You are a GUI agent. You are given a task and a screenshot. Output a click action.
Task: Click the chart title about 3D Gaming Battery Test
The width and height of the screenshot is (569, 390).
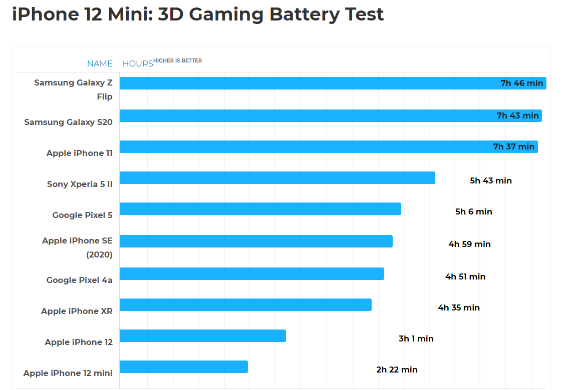(x=198, y=14)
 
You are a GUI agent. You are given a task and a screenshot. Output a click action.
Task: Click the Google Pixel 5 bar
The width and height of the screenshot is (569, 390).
(x=260, y=208)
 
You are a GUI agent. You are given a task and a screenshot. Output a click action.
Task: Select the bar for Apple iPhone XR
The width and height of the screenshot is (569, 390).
(x=245, y=304)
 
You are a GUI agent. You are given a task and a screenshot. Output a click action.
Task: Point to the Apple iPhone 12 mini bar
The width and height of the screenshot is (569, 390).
(x=183, y=366)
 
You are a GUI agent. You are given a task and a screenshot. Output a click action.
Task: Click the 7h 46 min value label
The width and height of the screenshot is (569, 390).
(x=521, y=83)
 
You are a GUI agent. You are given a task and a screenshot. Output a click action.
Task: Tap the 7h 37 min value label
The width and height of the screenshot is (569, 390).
(x=513, y=146)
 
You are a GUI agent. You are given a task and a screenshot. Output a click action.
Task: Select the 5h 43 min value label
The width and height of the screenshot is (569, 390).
(x=490, y=180)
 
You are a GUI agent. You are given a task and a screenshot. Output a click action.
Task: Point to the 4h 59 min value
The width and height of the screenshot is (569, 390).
(x=469, y=244)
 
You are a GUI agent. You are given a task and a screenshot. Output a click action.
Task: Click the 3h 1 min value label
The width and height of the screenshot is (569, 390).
(x=416, y=338)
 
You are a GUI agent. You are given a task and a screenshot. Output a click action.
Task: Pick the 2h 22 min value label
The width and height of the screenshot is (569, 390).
(x=397, y=369)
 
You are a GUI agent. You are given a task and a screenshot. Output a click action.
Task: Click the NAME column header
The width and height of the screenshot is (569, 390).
(x=100, y=63)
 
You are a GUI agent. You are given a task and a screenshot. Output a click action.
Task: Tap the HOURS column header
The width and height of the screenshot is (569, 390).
(x=138, y=63)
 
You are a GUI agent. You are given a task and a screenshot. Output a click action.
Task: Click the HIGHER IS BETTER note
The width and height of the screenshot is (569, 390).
(x=177, y=60)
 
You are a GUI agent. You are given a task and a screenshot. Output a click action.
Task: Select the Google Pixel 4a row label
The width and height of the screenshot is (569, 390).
(x=79, y=280)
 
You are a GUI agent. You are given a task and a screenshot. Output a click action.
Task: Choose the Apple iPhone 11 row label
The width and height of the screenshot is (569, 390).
(x=79, y=153)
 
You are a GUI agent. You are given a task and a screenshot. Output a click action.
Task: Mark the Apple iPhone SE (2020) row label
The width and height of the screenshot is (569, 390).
(x=77, y=247)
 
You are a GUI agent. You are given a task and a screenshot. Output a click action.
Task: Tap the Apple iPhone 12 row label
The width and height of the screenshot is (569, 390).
(x=79, y=342)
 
